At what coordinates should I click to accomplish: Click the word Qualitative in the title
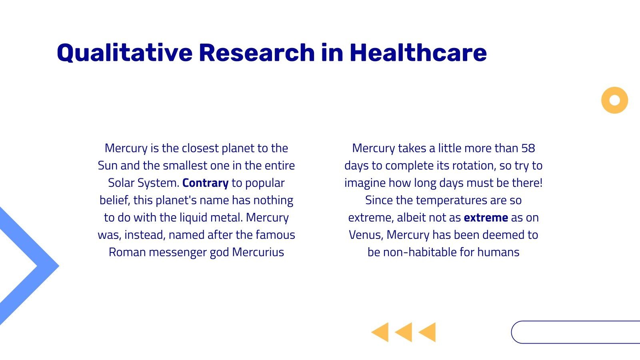click(x=124, y=53)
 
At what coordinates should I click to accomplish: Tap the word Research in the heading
click(x=257, y=53)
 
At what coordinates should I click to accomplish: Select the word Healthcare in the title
click(x=418, y=53)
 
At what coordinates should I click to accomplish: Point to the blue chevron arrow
click(x=44, y=266)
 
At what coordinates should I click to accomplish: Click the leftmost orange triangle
click(x=381, y=332)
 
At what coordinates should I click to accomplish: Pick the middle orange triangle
click(x=404, y=332)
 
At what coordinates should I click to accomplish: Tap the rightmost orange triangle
click(x=428, y=332)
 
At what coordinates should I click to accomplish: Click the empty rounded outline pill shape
click(x=576, y=332)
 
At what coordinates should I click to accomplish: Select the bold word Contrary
click(x=205, y=183)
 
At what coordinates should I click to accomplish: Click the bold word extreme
click(x=486, y=218)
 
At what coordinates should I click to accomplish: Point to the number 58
click(x=528, y=148)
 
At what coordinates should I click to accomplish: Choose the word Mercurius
click(x=258, y=252)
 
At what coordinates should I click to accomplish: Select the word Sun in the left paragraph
click(x=107, y=166)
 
